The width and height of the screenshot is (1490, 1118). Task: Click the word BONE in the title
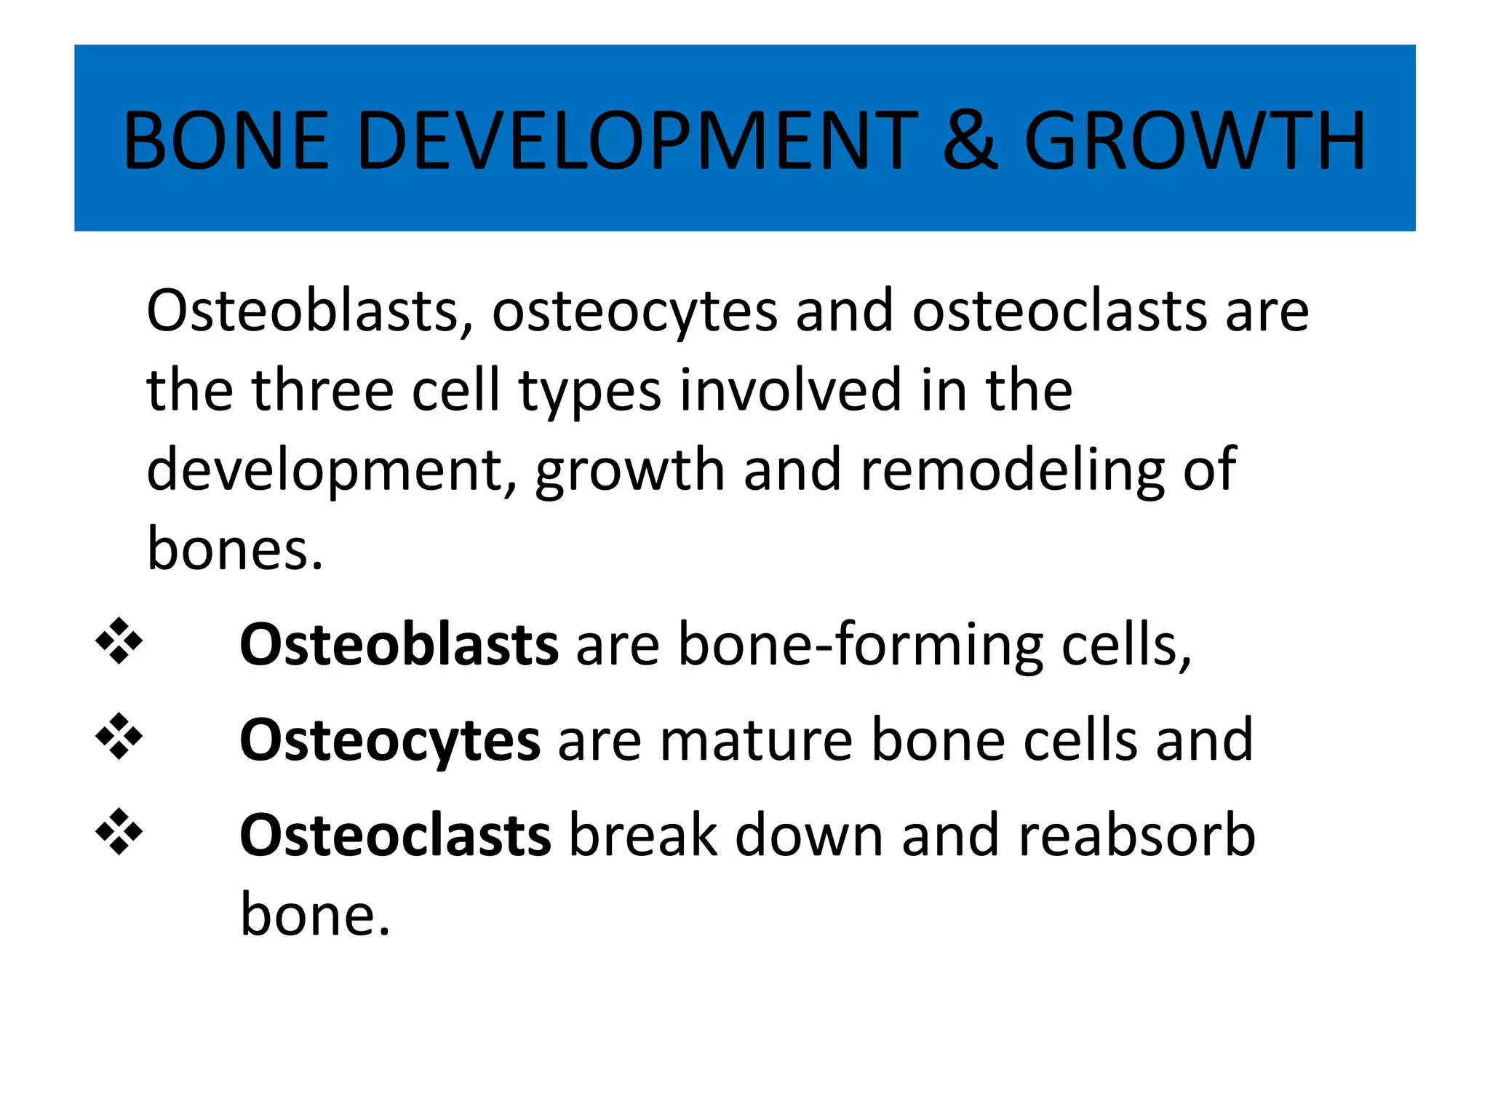click(226, 140)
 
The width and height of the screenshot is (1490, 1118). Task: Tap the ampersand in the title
click(970, 140)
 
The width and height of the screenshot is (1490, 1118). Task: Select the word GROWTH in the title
click(1195, 140)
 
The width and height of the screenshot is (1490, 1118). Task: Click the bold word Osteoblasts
click(399, 645)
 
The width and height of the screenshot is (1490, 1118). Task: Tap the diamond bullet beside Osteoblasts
click(119, 641)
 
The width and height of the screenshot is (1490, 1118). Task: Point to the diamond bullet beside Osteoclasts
click(119, 832)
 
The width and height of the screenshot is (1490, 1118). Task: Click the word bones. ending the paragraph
click(234, 550)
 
